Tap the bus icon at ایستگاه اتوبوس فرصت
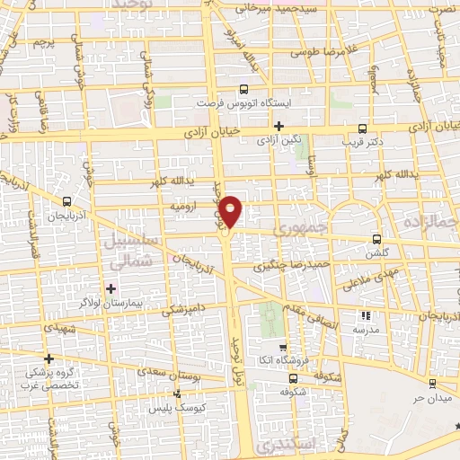[243, 89]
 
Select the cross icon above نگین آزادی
[279, 126]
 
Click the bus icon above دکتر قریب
[362, 128]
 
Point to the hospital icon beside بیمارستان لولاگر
[111, 288]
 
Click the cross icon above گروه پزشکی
[49, 358]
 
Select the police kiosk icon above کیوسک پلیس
[177, 394]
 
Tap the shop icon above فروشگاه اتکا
[283, 348]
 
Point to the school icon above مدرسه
[366, 315]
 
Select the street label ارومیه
[183, 207]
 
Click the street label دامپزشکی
[182, 311]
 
